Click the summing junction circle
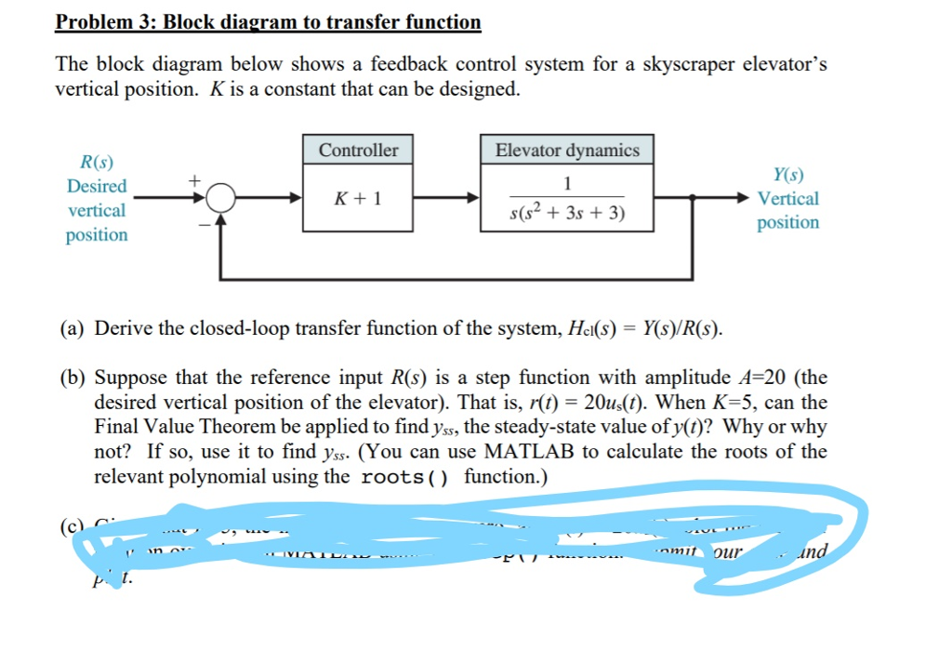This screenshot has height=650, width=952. click(220, 198)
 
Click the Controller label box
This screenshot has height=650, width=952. click(358, 151)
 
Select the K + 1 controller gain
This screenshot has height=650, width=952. click(358, 198)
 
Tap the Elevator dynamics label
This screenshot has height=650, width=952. click(567, 151)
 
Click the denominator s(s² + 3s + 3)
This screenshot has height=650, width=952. click(567, 215)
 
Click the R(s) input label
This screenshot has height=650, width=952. click(98, 163)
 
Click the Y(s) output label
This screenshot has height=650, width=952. click(788, 175)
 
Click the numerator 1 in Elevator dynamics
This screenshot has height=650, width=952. click(567, 181)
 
